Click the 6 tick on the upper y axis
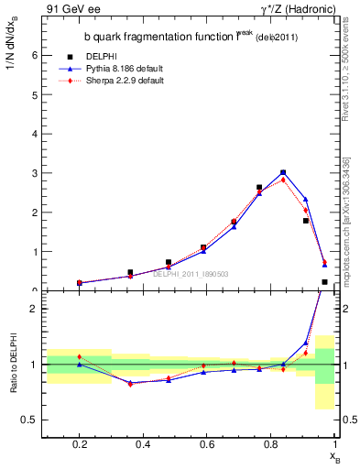pyautogui.click(x=36, y=55)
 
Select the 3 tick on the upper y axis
pyautogui.click(x=36, y=173)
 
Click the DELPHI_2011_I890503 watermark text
pyautogui.click(x=190, y=273)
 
